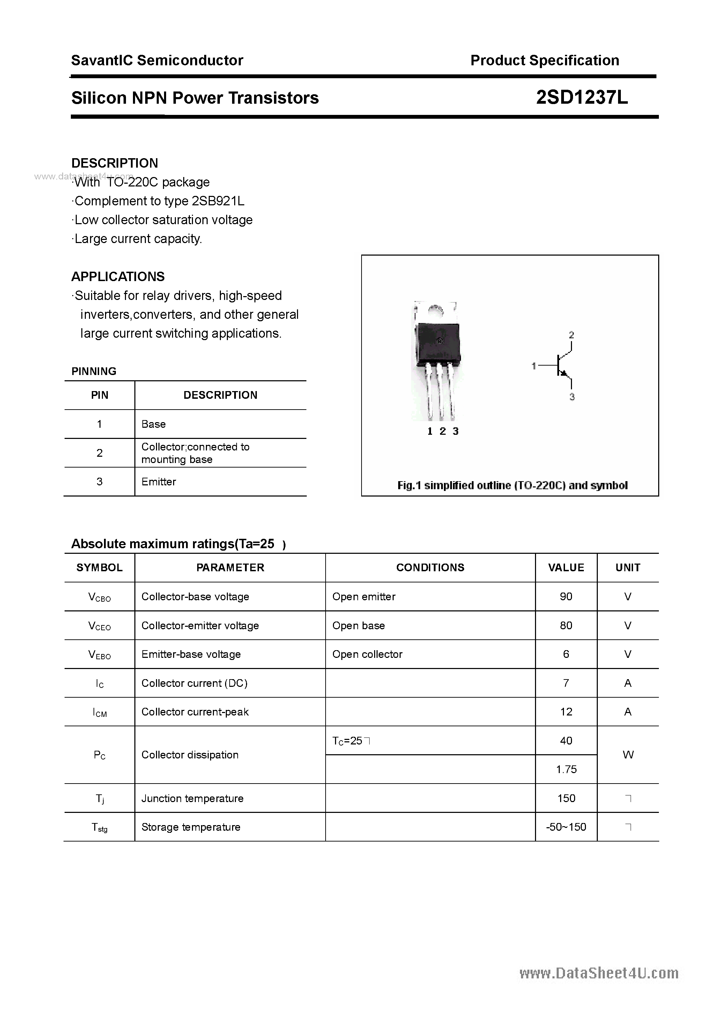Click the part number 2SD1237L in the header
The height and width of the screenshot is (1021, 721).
coord(581,97)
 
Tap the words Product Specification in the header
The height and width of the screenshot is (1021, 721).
coord(544,60)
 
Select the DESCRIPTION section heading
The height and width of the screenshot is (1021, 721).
coord(115,163)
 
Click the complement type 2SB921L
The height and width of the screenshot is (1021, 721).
coord(218,201)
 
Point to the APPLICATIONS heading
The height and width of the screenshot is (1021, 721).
coord(118,276)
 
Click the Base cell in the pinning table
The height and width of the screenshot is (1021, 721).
coord(153,424)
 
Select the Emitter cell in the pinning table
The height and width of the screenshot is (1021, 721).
coord(159,482)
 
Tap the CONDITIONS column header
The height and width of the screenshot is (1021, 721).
coord(430,567)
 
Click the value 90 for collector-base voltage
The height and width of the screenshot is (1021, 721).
coord(566,596)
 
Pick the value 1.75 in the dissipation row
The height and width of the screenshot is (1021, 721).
coord(566,769)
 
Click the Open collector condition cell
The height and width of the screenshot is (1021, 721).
coord(367,654)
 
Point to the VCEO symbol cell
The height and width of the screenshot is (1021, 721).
coord(99,626)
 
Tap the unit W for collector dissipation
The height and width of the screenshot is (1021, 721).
coord(628,755)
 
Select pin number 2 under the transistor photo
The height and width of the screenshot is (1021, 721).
coord(442,431)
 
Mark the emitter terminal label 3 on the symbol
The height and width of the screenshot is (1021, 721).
coord(572,397)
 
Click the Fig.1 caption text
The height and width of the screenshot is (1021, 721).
coord(512,485)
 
